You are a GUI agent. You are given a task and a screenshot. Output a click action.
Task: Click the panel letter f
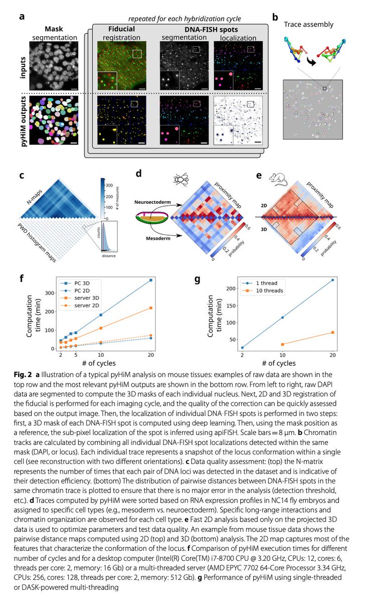point(22,278)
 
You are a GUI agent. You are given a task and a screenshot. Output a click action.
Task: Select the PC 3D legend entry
point(75,283)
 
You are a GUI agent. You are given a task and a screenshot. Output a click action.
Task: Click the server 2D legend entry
point(80,306)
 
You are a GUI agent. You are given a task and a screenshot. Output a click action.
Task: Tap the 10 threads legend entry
point(263,290)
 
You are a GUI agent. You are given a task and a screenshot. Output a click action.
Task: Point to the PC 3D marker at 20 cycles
point(150,280)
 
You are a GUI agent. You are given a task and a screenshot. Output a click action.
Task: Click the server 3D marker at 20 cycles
point(150,308)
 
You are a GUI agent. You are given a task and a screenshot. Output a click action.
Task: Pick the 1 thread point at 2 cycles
point(242,348)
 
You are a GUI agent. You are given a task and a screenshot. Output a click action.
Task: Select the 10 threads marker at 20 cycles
point(333,333)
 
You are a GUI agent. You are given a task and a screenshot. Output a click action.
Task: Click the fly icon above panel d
point(180,179)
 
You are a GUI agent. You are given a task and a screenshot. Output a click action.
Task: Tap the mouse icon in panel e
point(278,179)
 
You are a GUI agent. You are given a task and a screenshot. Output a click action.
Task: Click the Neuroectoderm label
point(152,202)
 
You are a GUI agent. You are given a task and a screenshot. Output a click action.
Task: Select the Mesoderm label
point(158,238)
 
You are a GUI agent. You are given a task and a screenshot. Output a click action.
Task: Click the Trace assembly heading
point(308,25)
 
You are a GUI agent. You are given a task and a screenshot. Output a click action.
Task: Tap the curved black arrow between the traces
point(311,62)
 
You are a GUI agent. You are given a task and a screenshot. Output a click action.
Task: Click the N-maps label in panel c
point(35,197)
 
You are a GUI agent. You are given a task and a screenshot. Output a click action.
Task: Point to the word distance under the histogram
point(109,256)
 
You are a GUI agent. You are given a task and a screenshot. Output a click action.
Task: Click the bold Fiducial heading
point(121,29)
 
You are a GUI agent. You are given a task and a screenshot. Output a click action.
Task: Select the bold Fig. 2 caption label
point(23,375)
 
